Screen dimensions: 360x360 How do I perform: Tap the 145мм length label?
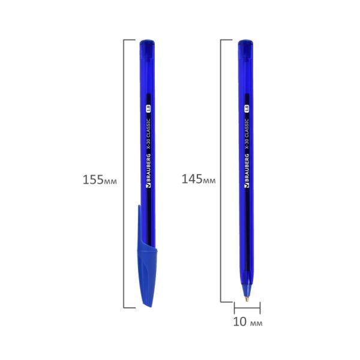(198, 179)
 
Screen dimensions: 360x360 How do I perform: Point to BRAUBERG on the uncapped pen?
(246, 170)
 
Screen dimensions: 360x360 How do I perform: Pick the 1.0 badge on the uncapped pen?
(246, 109)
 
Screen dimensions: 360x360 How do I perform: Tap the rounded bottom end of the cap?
(147, 303)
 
